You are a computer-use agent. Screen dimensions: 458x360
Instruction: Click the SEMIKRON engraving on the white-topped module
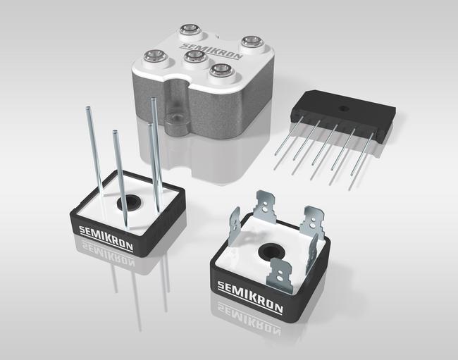211,51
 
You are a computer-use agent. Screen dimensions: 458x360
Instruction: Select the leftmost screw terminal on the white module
154,56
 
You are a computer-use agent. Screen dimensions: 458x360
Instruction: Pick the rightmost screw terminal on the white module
252,42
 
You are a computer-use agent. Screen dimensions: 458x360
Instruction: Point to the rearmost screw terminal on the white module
190,29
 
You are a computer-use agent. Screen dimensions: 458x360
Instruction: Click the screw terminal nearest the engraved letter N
252,42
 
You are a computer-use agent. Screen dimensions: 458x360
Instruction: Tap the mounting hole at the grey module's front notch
176,118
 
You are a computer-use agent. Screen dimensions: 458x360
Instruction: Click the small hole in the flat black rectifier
344,108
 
